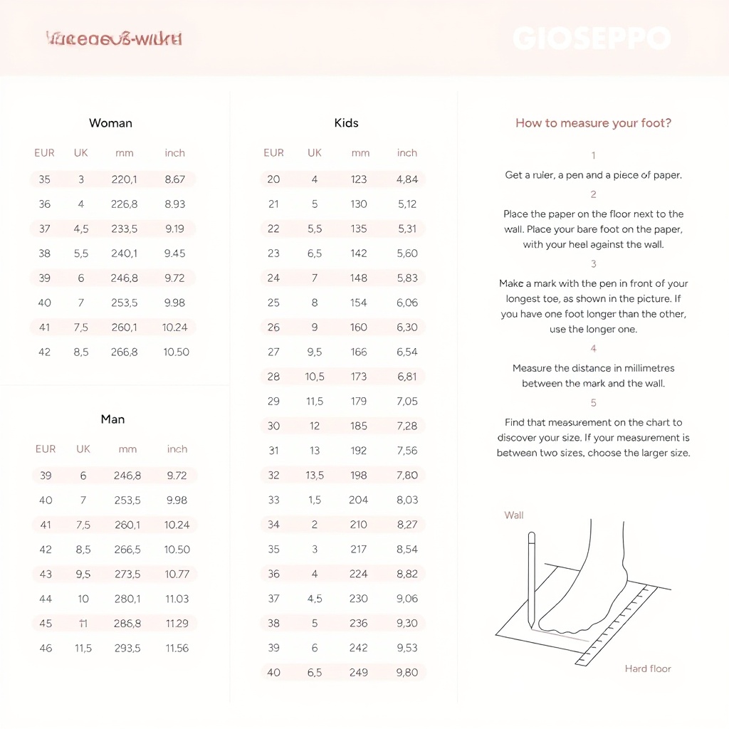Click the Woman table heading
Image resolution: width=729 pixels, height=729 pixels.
pyautogui.click(x=110, y=123)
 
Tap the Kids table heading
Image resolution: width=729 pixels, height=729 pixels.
pyautogui.click(x=346, y=123)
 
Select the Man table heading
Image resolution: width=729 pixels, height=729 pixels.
pyautogui.click(x=112, y=419)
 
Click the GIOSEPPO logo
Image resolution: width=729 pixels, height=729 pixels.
pyautogui.click(x=592, y=38)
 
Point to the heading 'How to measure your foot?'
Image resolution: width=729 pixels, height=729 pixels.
pyautogui.click(x=593, y=123)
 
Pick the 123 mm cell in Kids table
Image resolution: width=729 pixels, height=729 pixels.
pyautogui.click(x=359, y=179)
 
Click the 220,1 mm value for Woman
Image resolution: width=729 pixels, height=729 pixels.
pyautogui.click(x=125, y=179)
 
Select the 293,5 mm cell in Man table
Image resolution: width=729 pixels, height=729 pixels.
pyautogui.click(x=127, y=649)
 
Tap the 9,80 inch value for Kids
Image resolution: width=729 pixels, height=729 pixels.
pyautogui.click(x=407, y=673)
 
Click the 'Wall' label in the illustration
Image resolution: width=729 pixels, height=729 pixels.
pyautogui.click(x=514, y=515)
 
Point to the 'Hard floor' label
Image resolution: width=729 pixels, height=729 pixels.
pyautogui.click(x=648, y=669)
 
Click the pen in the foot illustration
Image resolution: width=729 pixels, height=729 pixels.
pyautogui.click(x=531, y=580)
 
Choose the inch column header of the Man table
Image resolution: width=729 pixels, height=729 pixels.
pyautogui.click(x=177, y=449)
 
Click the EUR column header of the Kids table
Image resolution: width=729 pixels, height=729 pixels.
pyautogui.click(x=273, y=153)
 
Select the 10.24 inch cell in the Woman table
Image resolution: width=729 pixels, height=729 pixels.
pyautogui.click(x=175, y=327)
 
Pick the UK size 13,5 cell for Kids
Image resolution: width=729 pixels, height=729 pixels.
pyautogui.click(x=315, y=476)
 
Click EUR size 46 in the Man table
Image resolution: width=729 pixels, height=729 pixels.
pyautogui.click(x=46, y=649)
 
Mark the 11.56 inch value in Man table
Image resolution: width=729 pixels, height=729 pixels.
pyautogui.click(x=177, y=649)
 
